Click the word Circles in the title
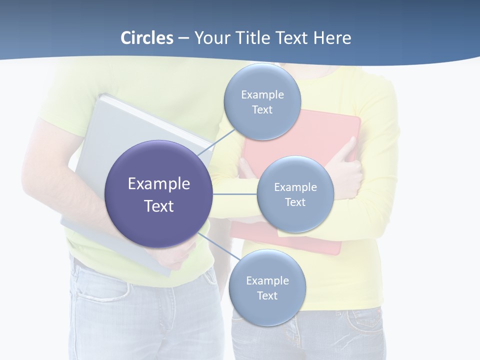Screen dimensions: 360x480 (146, 38)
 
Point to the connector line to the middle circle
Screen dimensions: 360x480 (235, 194)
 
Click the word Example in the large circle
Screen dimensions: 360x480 (159, 184)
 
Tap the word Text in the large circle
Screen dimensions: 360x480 (159, 206)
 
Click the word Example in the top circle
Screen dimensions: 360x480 (262, 95)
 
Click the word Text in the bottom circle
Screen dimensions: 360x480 (267, 296)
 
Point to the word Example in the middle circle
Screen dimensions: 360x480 (295, 187)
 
